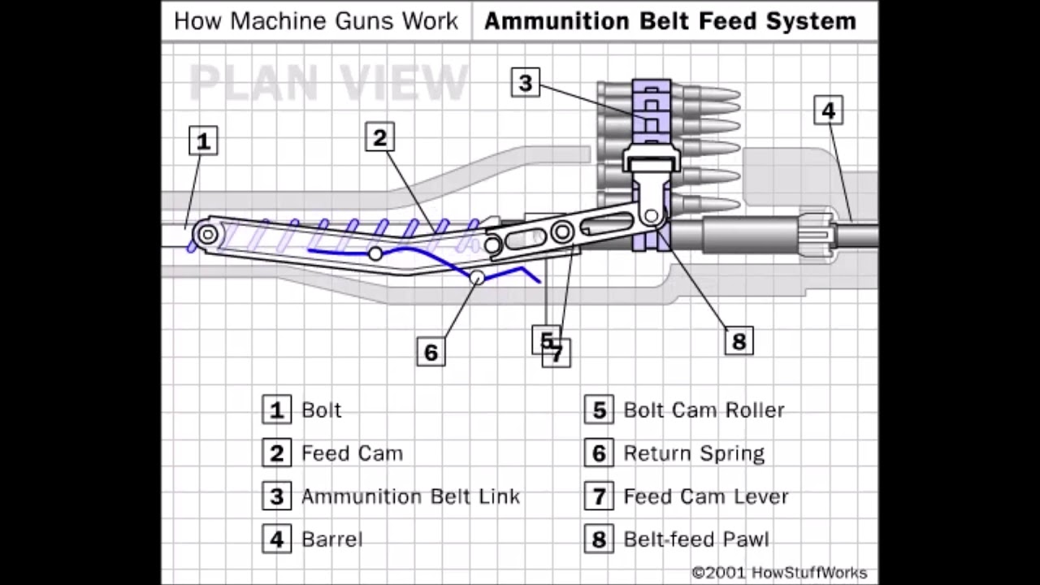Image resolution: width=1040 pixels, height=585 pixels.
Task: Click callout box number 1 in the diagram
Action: [203, 141]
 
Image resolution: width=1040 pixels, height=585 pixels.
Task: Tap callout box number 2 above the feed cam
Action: [379, 137]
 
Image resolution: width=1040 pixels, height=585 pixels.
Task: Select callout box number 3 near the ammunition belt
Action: [525, 82]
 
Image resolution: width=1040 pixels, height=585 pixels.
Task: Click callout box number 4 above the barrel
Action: [828, 110]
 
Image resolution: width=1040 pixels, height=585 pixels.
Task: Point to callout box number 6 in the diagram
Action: [431, 352]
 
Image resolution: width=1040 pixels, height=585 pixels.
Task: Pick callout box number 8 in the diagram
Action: [738, 340]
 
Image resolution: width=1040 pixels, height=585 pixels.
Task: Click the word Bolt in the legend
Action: [321, 409]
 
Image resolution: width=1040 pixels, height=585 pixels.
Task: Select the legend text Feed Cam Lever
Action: [705, 496]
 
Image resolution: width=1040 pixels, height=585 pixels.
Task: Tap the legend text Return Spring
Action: [693, 453]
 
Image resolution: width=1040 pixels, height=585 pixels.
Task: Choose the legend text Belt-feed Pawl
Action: [695, 539]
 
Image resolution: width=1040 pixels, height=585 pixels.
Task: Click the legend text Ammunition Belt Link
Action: [410, 496]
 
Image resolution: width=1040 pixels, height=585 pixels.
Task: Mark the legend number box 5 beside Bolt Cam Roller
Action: [599, 409]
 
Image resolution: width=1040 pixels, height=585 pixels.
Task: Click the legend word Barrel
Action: [331, 539]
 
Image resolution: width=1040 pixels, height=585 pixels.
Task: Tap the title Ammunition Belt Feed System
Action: [669, 21]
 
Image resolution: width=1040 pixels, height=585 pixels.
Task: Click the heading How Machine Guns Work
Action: [315, 21]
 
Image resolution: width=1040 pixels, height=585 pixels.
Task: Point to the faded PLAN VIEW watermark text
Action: [329, 81]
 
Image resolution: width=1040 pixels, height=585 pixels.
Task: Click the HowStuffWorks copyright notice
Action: [779, 573]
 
